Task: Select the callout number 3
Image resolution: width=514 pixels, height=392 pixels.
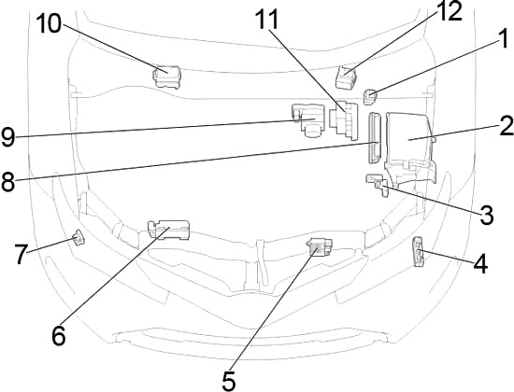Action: [486, 216]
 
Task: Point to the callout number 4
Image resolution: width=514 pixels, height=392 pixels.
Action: [479, 263]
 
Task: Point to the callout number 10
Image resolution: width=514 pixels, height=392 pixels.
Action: [49, 23]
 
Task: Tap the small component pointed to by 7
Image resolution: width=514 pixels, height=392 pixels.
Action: [79, 237]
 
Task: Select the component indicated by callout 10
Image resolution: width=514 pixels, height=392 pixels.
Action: [167, 74]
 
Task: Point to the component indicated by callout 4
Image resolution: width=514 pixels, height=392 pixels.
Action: [420, 250]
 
